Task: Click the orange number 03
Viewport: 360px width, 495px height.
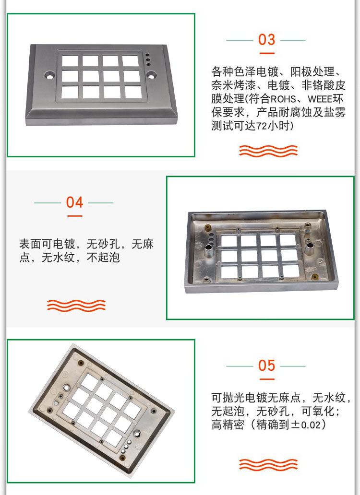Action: (266, 39)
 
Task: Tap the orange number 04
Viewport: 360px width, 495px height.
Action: (74, 202)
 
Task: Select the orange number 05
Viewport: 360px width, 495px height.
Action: (266, 366)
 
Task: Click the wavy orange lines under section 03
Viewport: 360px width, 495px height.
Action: (268, 151)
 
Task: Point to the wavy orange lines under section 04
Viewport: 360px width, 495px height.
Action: (76, 305)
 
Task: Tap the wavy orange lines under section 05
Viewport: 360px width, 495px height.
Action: (268, 464)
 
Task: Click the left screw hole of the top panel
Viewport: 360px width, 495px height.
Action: (49, 75)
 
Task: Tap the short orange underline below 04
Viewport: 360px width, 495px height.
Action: (74, 216)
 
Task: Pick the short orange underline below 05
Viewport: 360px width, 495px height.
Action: (266, 379)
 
